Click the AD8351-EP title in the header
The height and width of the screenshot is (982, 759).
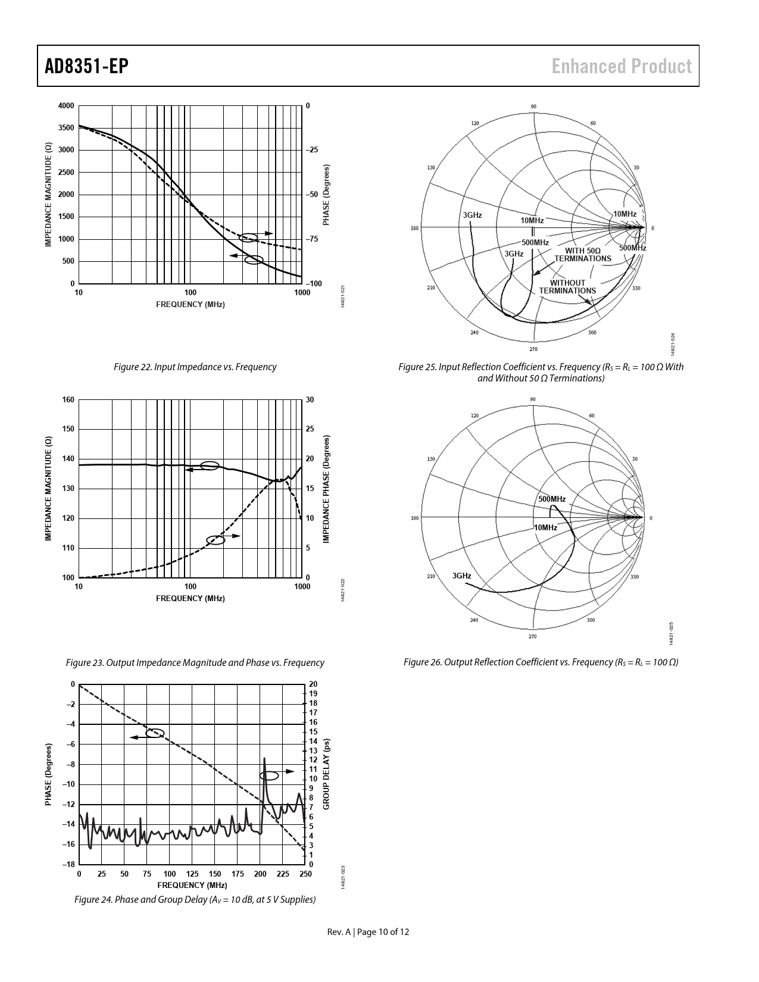[x=86, y=66]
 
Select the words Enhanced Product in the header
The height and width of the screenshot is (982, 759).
[x=621, y=66]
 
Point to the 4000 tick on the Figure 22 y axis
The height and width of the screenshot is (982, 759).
[x=66, y=106]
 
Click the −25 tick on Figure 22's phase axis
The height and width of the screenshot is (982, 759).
[x=311, y=149]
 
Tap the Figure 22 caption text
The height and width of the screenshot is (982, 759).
[x=195, y=367]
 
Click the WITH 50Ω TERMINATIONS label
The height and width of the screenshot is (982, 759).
[x=583, y=254]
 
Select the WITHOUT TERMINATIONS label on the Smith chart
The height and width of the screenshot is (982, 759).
[x=567, y=287]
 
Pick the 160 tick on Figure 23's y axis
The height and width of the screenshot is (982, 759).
[x=68, y=400]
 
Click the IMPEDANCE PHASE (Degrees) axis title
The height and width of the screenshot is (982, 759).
[x=326, y=489]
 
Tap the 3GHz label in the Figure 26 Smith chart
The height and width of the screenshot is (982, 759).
[x=461, y=576]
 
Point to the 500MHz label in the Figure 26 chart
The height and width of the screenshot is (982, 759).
[x=552, y=499]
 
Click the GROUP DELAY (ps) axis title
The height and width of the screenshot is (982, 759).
[x=326, y=774]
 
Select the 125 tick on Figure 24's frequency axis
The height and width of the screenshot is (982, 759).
[x=192, y=874]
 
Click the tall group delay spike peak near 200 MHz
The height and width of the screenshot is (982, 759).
[x=264, y=758]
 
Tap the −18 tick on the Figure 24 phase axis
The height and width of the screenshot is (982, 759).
[x=68, y=865]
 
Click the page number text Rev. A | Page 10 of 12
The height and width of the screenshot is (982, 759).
[x=368, y=932]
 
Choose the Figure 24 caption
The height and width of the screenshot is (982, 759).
[x=195, y=899]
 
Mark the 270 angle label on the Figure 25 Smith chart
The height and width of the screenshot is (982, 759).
[x=533, y=349]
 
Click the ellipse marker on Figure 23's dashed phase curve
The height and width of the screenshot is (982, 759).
[x=215, y=540]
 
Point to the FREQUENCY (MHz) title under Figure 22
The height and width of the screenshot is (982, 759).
[x=190, y=305]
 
